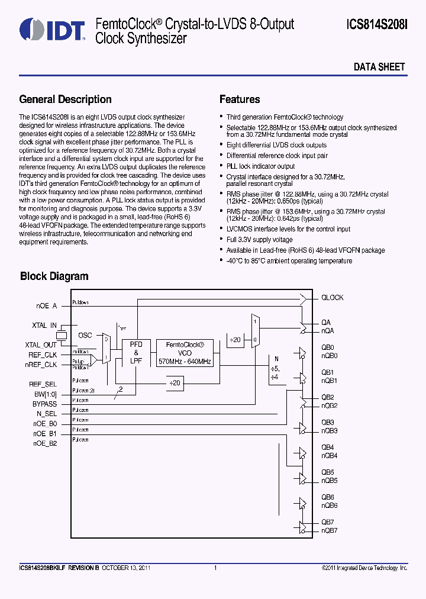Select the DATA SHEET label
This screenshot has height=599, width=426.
379,67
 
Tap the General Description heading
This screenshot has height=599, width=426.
65,99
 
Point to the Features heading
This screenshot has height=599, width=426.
240,99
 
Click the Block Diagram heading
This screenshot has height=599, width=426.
54,276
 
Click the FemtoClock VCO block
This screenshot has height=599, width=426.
185,353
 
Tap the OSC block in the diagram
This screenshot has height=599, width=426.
85,335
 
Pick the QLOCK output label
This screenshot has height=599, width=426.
332,298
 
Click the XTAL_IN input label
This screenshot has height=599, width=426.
44,325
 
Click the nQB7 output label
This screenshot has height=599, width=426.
329,530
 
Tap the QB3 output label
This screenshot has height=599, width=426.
328,423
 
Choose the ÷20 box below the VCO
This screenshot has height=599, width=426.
175,383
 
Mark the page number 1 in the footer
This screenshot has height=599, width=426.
215,568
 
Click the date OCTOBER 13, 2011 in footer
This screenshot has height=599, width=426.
126,568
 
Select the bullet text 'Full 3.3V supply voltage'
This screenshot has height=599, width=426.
259,240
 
